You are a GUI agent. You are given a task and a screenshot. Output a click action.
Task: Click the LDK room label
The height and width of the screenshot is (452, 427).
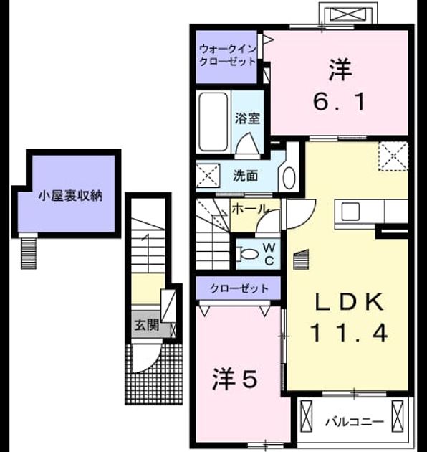[x=349, y=301]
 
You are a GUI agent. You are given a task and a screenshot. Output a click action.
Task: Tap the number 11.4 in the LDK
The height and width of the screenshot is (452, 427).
[x=349, y=333]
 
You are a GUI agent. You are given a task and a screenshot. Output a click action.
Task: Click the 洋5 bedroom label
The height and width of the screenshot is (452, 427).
[x=234, y=380]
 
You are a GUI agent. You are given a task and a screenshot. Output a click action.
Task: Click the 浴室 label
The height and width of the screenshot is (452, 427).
[x=247, y=118]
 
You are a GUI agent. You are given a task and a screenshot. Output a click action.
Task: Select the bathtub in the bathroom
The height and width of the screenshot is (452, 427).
[x=213, y=122]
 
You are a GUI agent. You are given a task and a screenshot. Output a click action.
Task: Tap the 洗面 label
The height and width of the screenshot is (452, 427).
[x=245, y=176]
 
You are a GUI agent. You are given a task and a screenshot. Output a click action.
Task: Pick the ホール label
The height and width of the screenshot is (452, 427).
[x=249, y=209]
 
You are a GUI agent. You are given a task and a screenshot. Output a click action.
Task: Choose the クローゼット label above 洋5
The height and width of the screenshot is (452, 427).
[x=239, y=288]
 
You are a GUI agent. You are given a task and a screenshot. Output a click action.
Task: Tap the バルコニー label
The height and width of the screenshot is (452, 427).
[x=355, y=423]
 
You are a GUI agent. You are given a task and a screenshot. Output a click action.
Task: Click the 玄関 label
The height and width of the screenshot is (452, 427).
[x=147, y=325]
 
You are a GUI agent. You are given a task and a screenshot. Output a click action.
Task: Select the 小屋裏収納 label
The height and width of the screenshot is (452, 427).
[x=70, y=196]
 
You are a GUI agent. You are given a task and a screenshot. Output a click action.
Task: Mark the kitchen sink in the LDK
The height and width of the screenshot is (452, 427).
[x=350, y=212]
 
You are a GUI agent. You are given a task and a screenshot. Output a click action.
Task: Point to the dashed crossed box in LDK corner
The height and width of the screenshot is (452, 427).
[x=393, y=156]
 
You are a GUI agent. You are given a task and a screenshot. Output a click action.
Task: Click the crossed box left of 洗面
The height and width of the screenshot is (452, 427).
[x=208, y=175]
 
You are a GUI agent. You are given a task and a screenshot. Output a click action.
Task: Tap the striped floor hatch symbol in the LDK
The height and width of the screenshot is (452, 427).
[x=301, y=260]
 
